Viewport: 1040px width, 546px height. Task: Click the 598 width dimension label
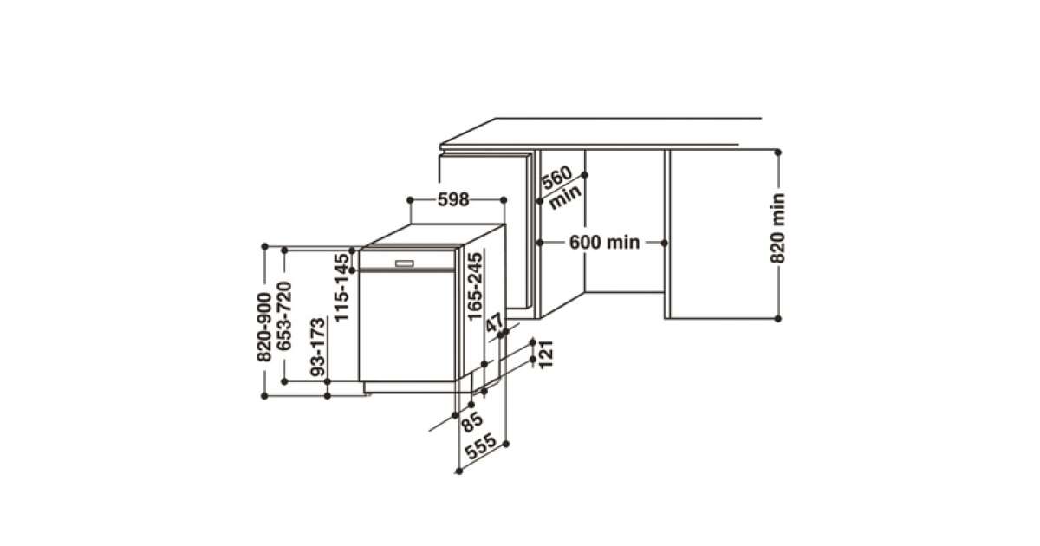453,199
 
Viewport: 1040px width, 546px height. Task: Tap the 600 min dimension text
605,243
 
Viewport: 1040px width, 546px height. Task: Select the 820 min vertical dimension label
777,229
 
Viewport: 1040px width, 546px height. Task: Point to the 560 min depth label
561,186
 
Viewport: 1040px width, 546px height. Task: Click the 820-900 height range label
263,327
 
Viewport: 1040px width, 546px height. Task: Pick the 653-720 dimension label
284,316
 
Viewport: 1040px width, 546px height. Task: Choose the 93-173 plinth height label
318,347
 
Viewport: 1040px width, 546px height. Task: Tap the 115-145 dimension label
341,288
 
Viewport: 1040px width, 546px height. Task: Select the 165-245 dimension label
475,287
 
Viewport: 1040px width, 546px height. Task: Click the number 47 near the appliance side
495,322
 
